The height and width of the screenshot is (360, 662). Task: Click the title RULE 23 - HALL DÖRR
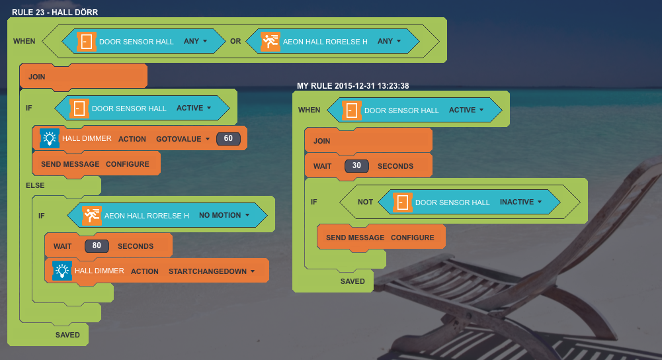(55, 13)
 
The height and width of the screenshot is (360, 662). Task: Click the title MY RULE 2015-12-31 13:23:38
(352, 86)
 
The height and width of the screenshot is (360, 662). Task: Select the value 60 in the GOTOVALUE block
(228, 139)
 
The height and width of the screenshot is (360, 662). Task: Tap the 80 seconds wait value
(97, 246)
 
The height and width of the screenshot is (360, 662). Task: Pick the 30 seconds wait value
(356, 166)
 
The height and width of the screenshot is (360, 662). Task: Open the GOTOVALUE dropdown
(183, 139)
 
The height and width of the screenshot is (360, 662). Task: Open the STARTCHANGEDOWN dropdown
(212, 271)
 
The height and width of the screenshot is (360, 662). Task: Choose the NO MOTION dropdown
(224, 215)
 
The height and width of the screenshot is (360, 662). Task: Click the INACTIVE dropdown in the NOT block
(520, 202)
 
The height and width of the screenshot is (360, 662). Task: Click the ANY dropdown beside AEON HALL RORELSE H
(389, 41)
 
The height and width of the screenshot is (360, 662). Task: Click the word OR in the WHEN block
(235, 41)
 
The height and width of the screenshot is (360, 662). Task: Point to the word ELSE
(35, 185)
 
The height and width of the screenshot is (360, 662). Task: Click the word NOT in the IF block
(365, 202)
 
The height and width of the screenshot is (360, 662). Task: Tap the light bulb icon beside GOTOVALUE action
(49, 138)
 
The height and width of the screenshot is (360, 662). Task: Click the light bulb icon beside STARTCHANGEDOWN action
(62, 271)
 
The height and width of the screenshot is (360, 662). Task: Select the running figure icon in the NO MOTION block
(92, 215)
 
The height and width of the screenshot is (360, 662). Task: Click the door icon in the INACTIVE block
(402, 202)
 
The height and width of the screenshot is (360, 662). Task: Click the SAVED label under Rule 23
(67, 335)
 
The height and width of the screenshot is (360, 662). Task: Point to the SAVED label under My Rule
(352, 281)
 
